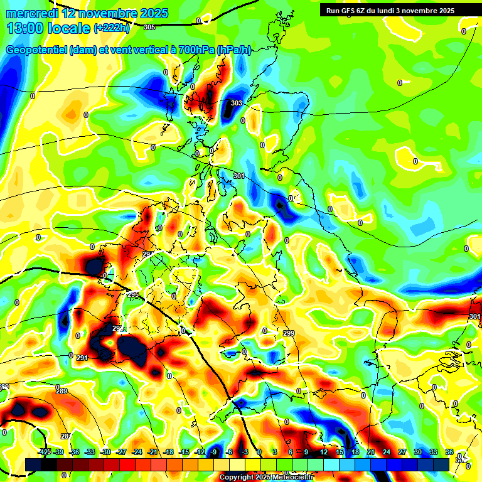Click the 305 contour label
pos(149,27)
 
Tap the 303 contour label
pos(237,103)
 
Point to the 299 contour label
pos(288,333)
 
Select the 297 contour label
pos(147,254)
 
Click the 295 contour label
pos(133,294)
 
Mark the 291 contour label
pos(82,358)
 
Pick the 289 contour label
pos(62,392)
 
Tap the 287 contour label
pos(66,436)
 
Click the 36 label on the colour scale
pos(449,452)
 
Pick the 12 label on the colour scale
pos(323,452)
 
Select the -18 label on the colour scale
pos(168,452)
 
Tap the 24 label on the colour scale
pos(386,452)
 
